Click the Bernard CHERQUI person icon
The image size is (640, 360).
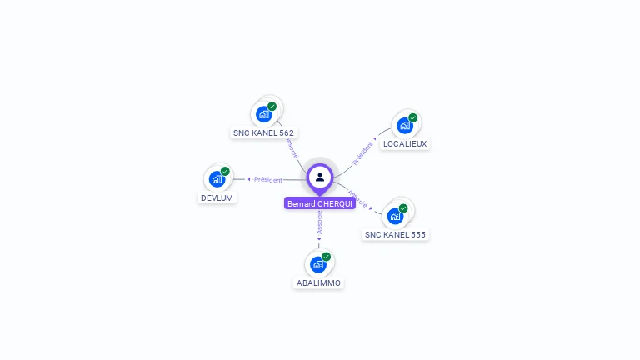(x=320, y=177)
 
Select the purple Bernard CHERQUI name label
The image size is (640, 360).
(x=320, y=203)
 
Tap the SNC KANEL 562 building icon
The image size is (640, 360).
(x=264, y=114)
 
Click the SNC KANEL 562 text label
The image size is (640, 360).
(x=263, y=132)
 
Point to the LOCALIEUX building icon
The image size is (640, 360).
(x=405, y=126)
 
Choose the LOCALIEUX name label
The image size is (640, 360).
(x=405, y=143)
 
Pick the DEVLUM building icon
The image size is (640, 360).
(x=217, y=179)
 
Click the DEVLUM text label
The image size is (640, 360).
(x=217, y=197)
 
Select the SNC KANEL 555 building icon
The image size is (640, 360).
(x=395, y=216)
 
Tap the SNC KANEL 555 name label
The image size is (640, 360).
(x=395, y=234)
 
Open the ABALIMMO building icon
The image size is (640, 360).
(x=317, y=264)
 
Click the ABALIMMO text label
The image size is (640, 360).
(x=318, y=282)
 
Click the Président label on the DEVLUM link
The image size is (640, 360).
(x=268, y=179)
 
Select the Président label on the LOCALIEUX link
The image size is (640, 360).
(x=362, y=154)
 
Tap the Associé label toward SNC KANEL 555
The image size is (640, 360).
(x=357, y=198)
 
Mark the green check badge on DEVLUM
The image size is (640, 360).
(x=225, y=171)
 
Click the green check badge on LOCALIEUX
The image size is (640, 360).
(x=413, y=117)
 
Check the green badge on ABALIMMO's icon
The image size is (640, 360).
(x=326, y=257)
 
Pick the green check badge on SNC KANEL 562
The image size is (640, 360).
(x=272, y=107)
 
